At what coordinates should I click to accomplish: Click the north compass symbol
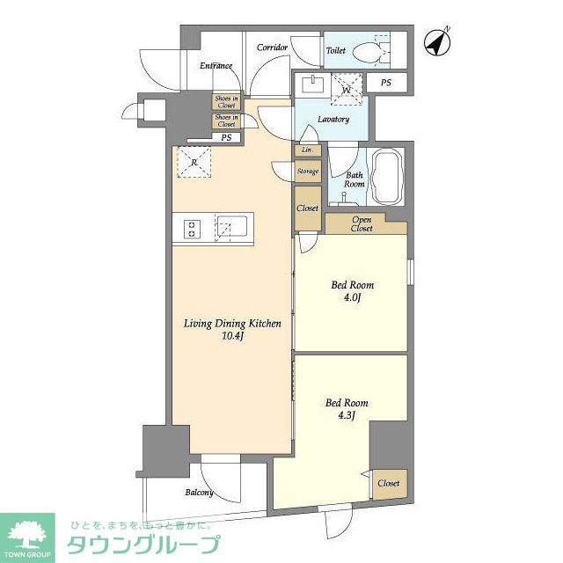click(435, 40)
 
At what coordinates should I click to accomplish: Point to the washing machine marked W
click(347, 88)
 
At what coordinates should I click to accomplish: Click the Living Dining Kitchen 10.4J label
click(232, 330)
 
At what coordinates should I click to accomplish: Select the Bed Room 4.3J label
click(347, 410)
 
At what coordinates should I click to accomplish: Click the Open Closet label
click(362, 224)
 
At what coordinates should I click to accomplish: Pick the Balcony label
click(199, 493)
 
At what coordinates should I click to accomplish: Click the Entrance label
click(216, 65)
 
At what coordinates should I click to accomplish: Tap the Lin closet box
click(306, 150)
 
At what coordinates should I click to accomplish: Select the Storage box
click(307, 172)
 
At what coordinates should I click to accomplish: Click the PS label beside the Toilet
click(386, 84)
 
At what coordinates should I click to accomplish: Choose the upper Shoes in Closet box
click(226, 101)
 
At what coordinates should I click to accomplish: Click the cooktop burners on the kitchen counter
click(193, 229)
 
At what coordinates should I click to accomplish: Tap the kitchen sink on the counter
click(232, 229)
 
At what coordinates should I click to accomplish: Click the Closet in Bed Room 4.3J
click(388, 484)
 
